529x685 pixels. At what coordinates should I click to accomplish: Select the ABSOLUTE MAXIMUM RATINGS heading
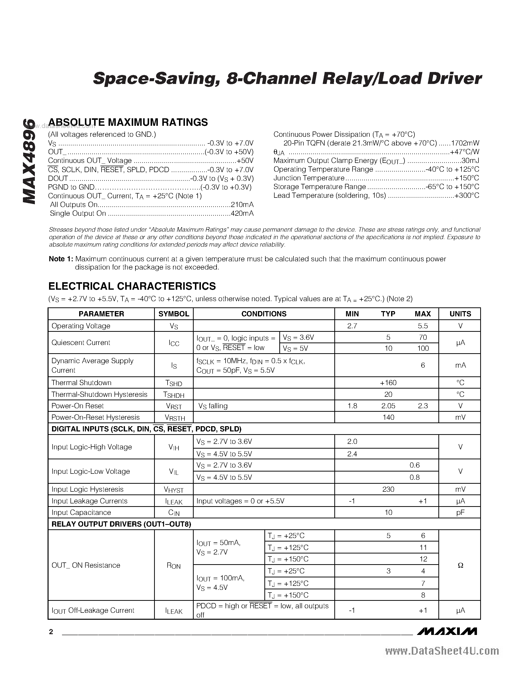[128, 122]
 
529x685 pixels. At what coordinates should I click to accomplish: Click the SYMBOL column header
[174, 314]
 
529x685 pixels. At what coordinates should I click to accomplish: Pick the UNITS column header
[460, 314]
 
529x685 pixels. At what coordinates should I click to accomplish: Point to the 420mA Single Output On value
[242, 213]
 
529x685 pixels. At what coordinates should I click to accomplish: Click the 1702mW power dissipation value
[465, 143]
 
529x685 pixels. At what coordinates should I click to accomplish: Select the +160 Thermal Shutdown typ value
[388, 383]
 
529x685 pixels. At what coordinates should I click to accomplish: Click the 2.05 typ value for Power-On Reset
[388, 406]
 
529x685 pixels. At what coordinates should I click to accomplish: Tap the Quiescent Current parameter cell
[81, 342]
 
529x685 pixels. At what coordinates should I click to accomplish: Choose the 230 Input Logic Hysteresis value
[388, 489]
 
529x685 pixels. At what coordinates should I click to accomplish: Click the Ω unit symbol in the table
[460, 565]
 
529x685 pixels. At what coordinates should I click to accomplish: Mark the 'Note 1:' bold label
[61, 259]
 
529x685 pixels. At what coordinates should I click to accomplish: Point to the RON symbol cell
[174, 566]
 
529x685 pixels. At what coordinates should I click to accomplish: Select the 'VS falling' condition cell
[213, 406]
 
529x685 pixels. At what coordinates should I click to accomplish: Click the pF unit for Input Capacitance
[460, 512]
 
